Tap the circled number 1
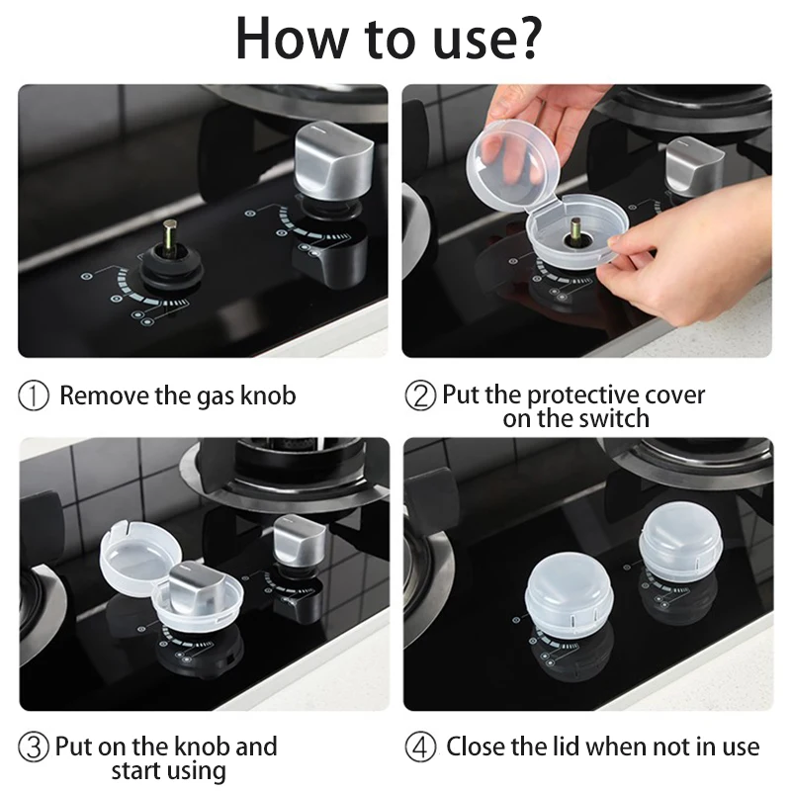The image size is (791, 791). (x=34, y=395)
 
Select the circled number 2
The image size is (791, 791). (x=420, y=395)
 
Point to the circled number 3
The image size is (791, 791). (x=34, y=747)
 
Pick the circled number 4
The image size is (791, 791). (x=420, y=747)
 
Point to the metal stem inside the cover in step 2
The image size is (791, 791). (x=574, y=228)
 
